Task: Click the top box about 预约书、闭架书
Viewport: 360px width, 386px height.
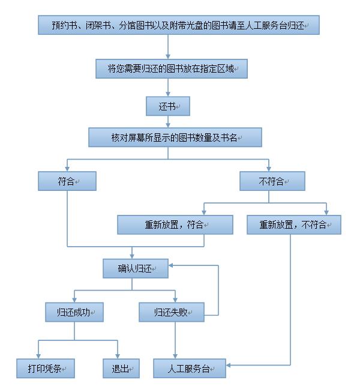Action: click(x=178, y=25)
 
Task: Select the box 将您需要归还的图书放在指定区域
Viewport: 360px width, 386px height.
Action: click(x=172, y=69)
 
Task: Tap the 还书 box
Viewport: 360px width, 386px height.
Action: click(x=168, y=106)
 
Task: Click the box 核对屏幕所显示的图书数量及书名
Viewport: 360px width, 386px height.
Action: click(x=175, y=137)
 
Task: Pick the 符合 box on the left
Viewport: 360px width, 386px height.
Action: click(x=67, y=181)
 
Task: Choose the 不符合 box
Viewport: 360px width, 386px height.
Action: click(x=272, y=181)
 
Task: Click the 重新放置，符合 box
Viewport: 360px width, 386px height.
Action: click(x=175, y=225)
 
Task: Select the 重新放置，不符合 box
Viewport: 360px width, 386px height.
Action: click(x=293, y=225)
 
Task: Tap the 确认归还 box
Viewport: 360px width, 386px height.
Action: click(x=134, y=268)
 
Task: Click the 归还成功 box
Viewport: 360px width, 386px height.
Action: click(x=74, y=312)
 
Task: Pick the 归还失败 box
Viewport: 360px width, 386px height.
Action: click(x=171, y=312)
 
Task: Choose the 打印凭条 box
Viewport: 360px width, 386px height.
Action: click(x=46, y=368)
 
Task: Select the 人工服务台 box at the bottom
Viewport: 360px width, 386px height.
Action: click(x=189, y=368)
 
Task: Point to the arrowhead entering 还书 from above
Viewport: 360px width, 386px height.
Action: click(x=168, y=94)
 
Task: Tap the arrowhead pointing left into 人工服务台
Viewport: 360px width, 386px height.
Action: click(x=229, y=364)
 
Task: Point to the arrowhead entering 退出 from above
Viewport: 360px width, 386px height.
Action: click(x=118, y=356)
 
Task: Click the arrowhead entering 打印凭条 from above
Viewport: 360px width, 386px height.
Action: click(x=38, y=356)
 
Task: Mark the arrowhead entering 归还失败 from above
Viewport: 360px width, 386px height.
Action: click(x=175, y=300)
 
